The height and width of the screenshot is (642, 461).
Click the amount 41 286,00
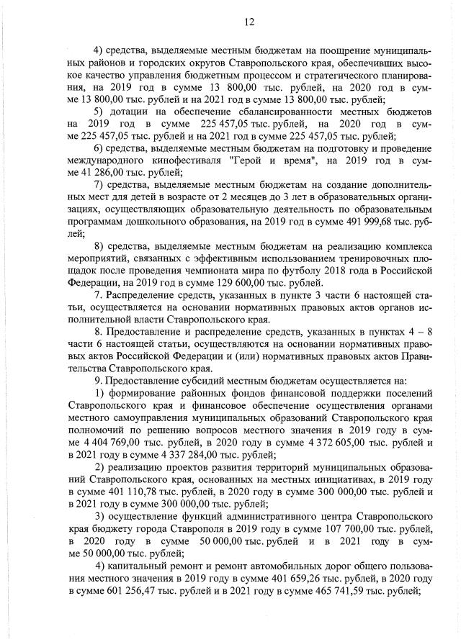point(99,172)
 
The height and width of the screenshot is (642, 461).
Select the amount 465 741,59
point(326,591)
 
